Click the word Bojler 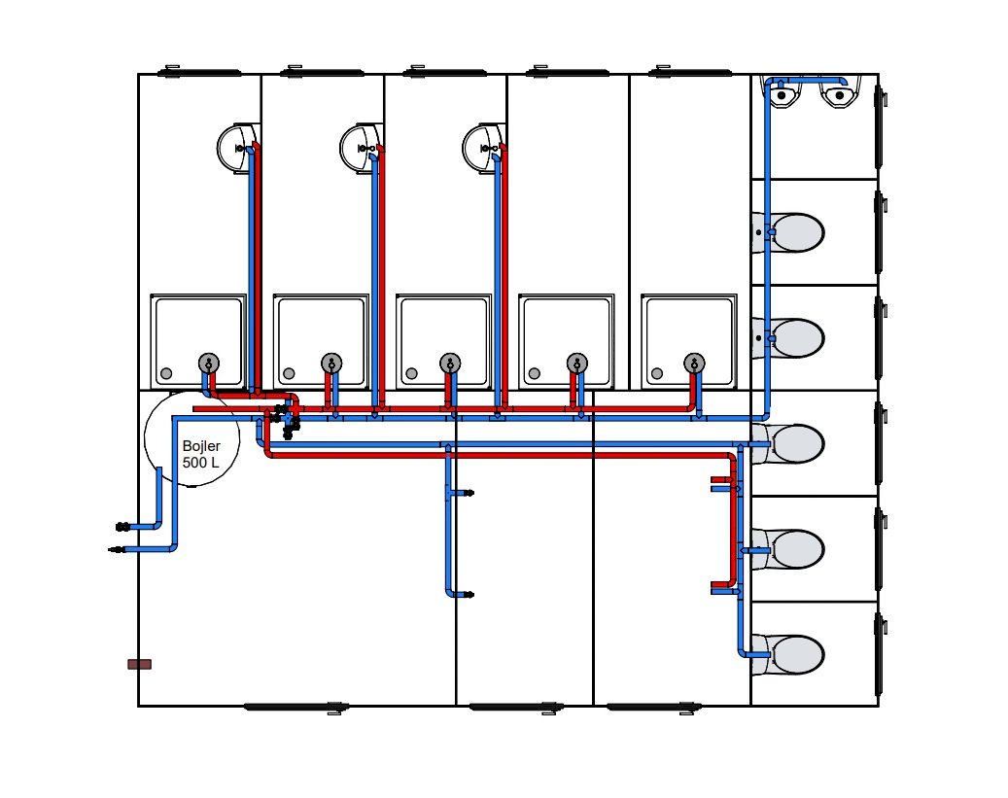click(201, 446)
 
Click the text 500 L click(200, 463)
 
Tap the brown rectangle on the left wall click(139, 664)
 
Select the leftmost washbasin click(234, 148)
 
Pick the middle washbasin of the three click(358, 148)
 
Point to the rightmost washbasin click(480, 148)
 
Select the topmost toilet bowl click(791, 232)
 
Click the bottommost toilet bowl click(791, 654)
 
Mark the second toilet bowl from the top click(791, 337)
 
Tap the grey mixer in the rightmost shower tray click(693, 364)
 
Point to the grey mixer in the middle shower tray click(449, 364)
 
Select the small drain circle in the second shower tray click(289, 373)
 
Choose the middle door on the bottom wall click(515, 708)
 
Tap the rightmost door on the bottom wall click(652, 708)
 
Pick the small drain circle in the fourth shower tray click(534, 373)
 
